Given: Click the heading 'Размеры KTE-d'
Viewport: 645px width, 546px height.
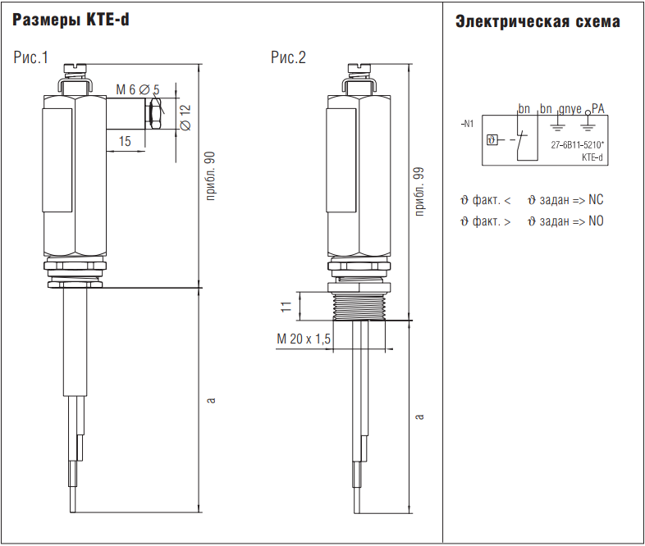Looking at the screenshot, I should coord(71,21).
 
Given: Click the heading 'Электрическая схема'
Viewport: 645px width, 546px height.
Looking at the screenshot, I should coord(537,22).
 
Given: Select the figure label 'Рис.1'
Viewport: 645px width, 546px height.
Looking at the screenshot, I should coord(31,57).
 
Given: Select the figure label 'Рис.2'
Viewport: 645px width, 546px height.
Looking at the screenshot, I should coord(288,57).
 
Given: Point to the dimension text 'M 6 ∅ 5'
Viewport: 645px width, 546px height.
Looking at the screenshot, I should coord(137,89).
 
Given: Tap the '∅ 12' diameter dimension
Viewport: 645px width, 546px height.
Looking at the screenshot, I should coord(185,116).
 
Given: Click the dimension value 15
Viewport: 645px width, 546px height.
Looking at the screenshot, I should coord(125,141).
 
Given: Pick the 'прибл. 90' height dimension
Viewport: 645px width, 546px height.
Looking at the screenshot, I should coord(210,176).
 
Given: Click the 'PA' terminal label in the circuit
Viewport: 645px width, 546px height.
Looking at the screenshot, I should coord(598,108).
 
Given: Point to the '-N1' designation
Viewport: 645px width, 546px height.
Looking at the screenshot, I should coord(467,125).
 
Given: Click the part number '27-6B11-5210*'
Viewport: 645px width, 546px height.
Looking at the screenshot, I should coord(578,145).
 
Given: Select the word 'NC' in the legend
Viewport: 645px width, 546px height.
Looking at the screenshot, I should coord(596,200).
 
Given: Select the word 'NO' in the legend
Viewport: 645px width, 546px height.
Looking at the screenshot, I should coord(596,221).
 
